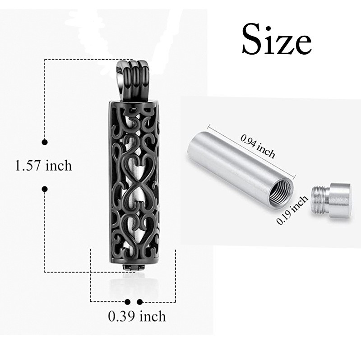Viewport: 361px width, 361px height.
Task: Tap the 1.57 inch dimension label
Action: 43,166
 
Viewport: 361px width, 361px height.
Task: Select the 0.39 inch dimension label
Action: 137,316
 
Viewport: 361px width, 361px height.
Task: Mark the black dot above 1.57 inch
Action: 45,143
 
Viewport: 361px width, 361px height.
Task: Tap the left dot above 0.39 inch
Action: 128,301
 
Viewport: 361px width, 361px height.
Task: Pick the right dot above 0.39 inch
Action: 140,301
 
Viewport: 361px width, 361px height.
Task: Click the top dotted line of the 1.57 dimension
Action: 81,60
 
